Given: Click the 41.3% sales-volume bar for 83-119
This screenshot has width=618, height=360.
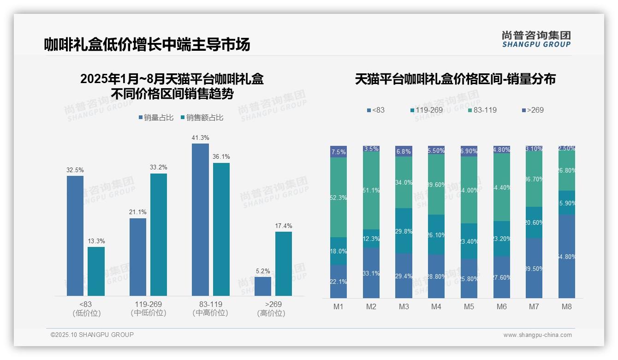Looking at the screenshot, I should [200, 219].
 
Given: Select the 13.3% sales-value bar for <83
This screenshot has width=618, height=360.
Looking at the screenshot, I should [96, 271].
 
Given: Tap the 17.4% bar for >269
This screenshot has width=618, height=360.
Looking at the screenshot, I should [284, 264].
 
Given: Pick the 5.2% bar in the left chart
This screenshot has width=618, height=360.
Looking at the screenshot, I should [263, 286].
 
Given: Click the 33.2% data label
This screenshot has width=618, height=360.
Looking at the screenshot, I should [159, 167].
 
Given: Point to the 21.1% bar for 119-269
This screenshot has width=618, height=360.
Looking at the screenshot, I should [138, 257].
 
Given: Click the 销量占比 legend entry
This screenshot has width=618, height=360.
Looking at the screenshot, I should [156, 118].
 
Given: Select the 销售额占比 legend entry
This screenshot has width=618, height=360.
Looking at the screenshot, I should [202, 118].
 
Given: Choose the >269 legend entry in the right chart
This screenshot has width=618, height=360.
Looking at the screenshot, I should [533, 110].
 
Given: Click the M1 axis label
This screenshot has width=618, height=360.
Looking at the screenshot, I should [339, 306].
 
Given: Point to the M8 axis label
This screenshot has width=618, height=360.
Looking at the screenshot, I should [567, 306].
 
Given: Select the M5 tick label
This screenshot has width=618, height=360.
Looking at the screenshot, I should [469, 306].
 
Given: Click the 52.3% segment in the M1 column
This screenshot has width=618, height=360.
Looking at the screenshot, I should [339, 197].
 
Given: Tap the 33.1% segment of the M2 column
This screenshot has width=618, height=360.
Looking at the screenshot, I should [371, 273].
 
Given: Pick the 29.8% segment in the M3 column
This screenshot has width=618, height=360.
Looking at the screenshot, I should [404, 231].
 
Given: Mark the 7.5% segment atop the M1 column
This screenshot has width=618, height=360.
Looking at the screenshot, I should [339, 152].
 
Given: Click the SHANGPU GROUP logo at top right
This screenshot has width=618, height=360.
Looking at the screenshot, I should [536, 39].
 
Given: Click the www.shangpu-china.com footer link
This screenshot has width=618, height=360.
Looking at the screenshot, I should [537, 335].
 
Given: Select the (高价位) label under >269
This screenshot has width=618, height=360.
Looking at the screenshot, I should [271, 313].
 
